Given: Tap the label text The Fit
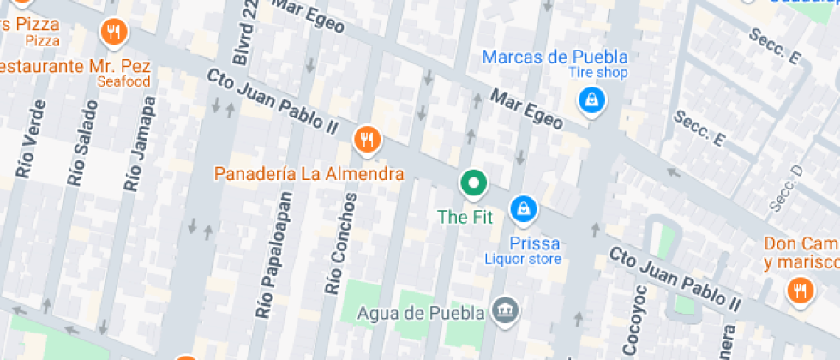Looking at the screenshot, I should pos(465,217).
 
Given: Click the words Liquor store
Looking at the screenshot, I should pos(523,259).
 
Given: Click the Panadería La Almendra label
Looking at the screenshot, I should pos(309,174).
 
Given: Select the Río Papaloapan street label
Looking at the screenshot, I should pos(274,254).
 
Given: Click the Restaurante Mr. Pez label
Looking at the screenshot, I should pos(75,66).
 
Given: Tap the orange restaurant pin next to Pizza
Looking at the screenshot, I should pos(113,33).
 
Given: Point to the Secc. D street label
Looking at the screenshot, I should pos(789,187).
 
